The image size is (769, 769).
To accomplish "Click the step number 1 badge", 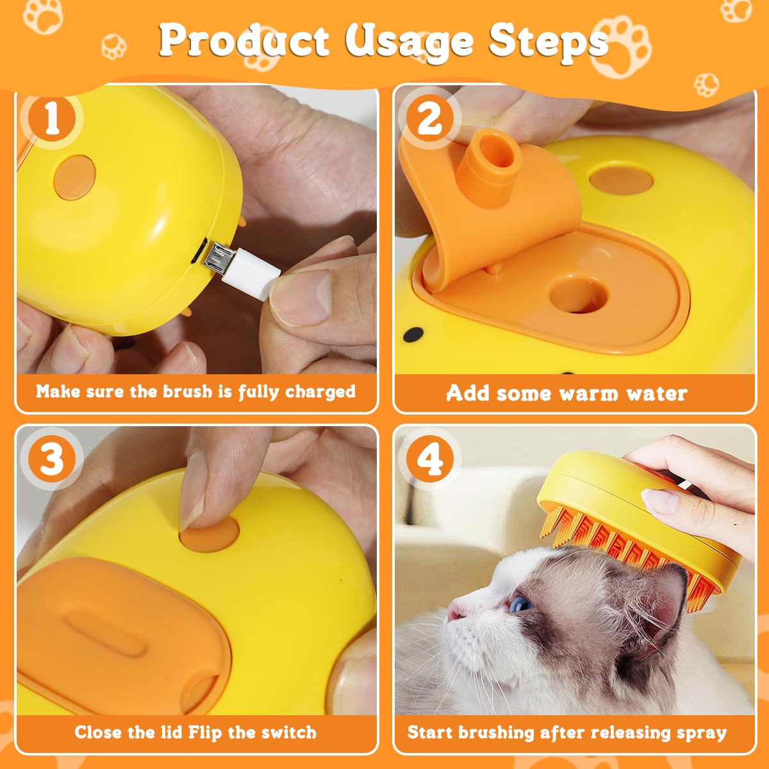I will coord(52,120).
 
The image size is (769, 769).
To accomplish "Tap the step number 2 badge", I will coord(429,120).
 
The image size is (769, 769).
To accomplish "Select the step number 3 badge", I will coord(52,459).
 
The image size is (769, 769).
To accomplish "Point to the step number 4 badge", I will coord(429,459).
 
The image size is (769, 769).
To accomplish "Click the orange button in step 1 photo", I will coord(75,177).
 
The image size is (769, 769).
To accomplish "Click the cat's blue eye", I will coord(520,603).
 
